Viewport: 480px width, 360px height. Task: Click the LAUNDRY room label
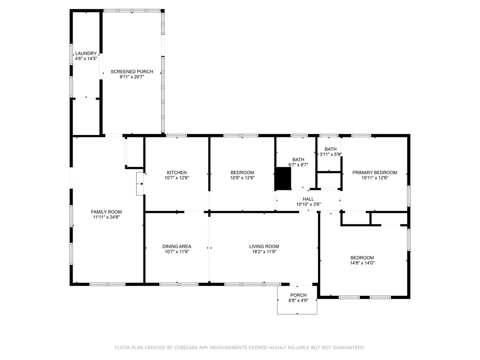coord(86,53)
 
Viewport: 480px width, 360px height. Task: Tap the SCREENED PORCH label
coord(132,72)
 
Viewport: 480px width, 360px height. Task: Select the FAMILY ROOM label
coord(106,212)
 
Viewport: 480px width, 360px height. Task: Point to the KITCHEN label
coord(177,173)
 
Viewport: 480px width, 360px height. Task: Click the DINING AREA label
coord(177,247)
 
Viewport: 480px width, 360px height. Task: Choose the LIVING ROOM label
coord(264,247)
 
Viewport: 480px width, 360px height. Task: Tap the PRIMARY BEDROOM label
coord(375,173)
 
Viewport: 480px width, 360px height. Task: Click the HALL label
coord(308,199)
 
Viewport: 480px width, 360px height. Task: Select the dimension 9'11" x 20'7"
coord(132,77)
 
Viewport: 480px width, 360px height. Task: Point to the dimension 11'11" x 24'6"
coord(106,217)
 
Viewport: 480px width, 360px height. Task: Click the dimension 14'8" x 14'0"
coord(362,263)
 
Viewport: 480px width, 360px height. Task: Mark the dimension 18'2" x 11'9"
coord(264,252)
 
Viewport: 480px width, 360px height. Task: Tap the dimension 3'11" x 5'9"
coord(330,154)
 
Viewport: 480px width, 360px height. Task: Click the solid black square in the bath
coord(283,178)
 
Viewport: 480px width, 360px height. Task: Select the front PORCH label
coord(298,295)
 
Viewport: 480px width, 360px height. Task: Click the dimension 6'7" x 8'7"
coord(298,165)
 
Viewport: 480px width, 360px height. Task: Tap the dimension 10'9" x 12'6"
coord(242,178)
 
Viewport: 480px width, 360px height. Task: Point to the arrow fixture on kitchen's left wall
coord(140,184)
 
